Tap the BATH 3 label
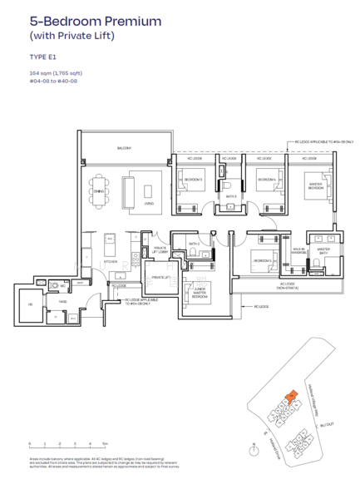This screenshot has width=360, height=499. (x=229, y=197)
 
